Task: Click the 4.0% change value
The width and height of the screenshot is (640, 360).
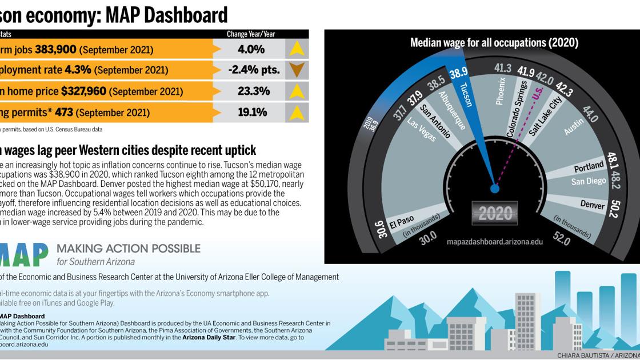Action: [251, 50]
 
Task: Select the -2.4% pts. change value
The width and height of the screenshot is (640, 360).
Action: [254, 70]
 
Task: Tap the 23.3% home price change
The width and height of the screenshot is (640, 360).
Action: [254, 91]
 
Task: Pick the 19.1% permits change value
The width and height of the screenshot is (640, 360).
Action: [252, 112]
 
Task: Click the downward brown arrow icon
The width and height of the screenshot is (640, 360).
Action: [297, 70]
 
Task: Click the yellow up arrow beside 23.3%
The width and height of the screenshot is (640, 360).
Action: [297, 91]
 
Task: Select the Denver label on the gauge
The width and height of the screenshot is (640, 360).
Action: [593, 205]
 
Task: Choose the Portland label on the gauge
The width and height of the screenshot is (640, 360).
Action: [589, 167]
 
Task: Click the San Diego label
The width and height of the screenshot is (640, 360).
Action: [589, 181]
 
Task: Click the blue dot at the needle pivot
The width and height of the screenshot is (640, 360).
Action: [495, 188]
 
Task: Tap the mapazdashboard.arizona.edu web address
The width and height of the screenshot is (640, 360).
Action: [495, 242]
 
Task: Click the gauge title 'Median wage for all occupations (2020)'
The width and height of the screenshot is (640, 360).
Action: [494, 43]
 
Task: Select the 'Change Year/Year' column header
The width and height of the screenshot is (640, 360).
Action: [251, 34]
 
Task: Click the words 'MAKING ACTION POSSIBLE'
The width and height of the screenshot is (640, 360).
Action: [129, 249]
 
